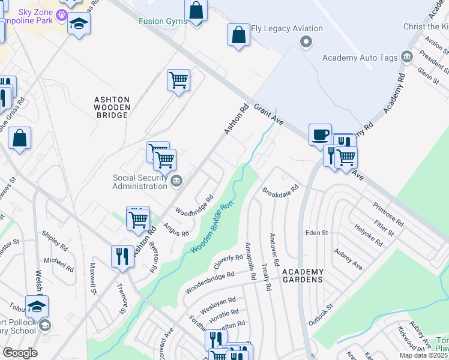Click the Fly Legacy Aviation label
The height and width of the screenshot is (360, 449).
286,28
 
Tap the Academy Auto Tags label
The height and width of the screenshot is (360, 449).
360,58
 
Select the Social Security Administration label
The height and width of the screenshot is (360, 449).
140,182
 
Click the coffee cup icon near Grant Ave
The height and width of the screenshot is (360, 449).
320,133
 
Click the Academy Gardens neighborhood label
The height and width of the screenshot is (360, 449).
303,275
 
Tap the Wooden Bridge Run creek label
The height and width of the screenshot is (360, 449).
211,229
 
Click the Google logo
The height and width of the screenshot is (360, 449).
19,353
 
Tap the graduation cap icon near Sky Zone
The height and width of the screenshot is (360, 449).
78,24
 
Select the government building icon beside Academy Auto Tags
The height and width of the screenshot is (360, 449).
407,57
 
